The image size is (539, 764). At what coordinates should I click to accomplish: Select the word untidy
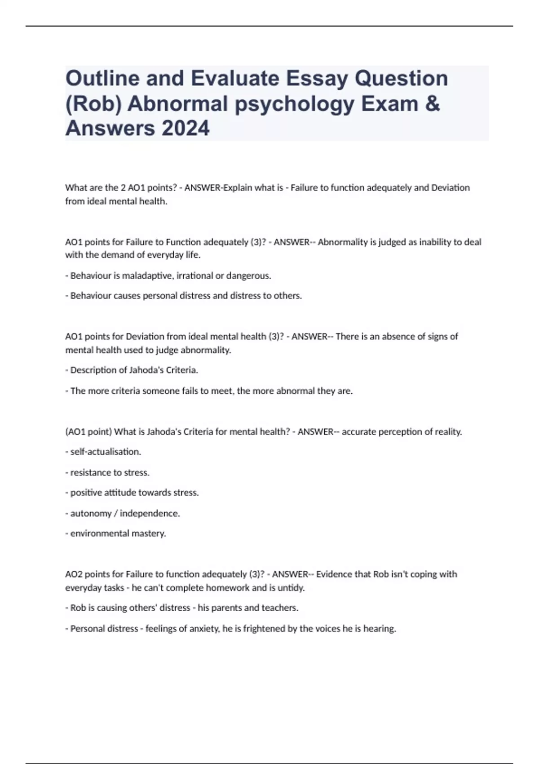tap(292, 587)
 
